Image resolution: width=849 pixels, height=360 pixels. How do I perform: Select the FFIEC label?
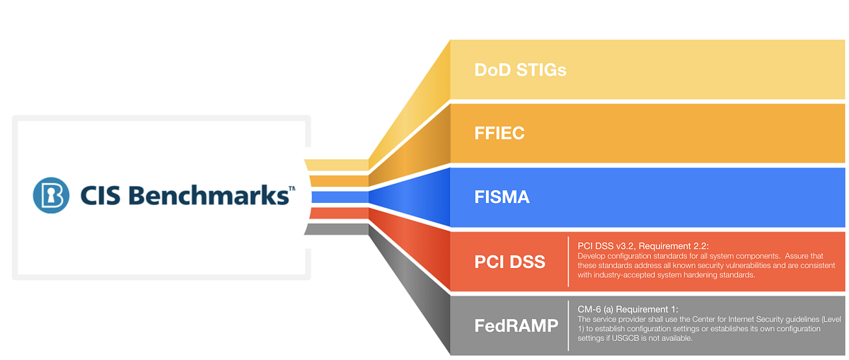click(x=499, y=133)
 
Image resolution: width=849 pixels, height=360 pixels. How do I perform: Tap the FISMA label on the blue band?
click(x=502, y=197)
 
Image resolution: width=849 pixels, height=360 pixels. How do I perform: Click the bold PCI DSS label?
click(x=509, y=262)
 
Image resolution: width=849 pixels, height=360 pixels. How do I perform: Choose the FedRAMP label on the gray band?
click(x=516, y=325)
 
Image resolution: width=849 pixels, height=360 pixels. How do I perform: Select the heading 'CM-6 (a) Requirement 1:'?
click(x=628, y=309)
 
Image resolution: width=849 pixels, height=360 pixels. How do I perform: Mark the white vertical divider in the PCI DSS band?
click(x=568, y=262)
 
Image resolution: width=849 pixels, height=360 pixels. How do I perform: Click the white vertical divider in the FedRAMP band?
click(x=568, y=325)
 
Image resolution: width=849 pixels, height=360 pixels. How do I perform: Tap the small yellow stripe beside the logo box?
click(x=337, y=165)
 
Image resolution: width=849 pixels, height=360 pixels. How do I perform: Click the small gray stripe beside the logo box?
click(x=337, y=228)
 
